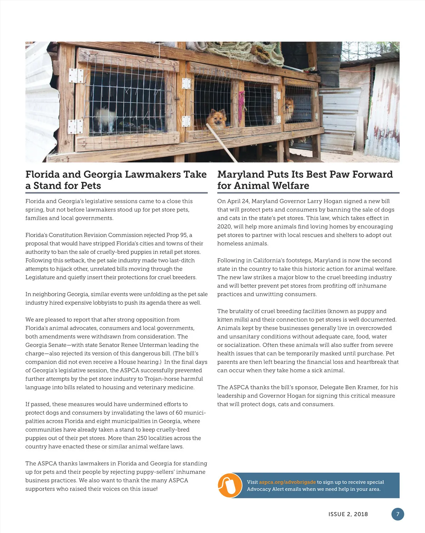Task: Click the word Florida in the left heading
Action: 42,174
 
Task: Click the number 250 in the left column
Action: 142,438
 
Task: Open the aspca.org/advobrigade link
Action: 287,482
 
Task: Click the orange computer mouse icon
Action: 229,485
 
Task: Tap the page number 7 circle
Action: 398,514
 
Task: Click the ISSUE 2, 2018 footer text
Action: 348,514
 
